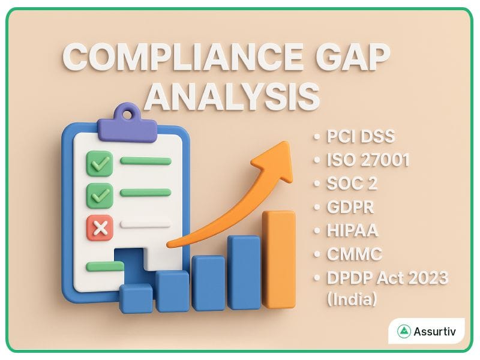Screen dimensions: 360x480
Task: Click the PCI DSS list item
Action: point(361,136)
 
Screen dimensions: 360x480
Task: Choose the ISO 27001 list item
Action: point(368,160)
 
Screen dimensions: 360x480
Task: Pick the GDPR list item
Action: point(350,207)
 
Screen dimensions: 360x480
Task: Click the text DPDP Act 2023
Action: point(387,278)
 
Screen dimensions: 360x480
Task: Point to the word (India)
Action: point(352,299)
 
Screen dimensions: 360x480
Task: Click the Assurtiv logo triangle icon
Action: point(403,331)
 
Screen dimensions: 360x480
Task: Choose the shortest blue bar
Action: point(136,298)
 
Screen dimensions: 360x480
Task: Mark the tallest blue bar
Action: point(244,273)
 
